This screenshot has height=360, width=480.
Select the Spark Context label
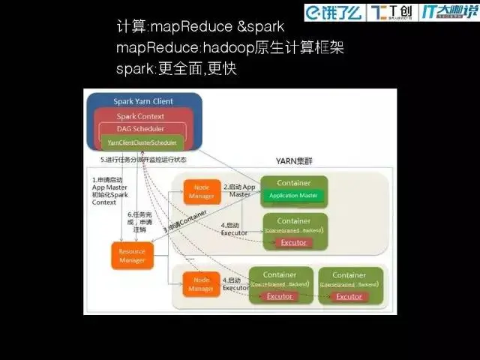click(140, 116)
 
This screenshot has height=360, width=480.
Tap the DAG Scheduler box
click(140, 129)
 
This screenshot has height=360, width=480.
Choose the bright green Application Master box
click(293, 196)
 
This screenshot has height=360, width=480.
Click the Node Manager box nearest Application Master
click(201, 191)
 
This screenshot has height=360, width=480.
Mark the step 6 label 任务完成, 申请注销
click(138, 223)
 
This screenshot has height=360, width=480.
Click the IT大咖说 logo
click(448, 12)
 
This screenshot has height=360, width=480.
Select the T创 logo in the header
click(392, 12)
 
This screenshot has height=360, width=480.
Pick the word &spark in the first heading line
click(260, 27)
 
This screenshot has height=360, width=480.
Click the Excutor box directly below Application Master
click(293, 242)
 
